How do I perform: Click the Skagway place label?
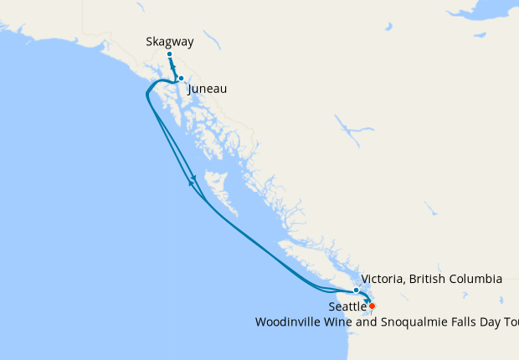169,40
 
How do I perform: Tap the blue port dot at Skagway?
169,54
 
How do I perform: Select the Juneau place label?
208,88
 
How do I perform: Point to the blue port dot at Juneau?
181,79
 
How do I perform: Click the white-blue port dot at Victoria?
356,291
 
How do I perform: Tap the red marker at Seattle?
372,306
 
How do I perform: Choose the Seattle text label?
347,307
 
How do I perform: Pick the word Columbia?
476,279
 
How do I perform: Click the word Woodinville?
290,321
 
